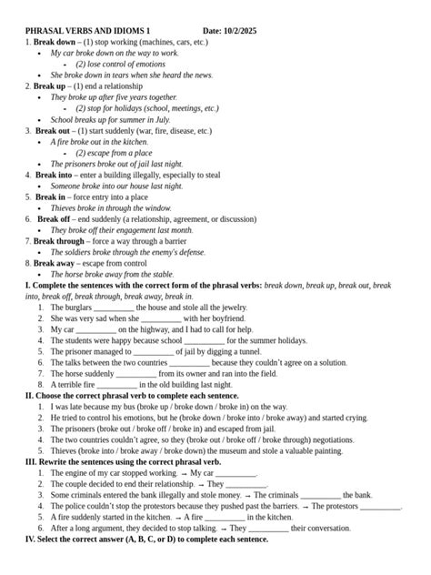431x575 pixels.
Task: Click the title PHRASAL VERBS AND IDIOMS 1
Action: pyautogui.click(x=87, y=30)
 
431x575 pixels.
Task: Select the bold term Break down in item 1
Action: pyautogui.click(x=55, y=42)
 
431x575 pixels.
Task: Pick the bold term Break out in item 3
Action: pyautogui.click(x=53, y=131)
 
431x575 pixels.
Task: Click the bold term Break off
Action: pyautogui.click(x=54, y=219)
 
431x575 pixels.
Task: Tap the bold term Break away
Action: pyautogui.click(x=56, y=263)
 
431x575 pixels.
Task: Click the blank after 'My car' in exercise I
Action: pyautogui.click(x=98, y=329)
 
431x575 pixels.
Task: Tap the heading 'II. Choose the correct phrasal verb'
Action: pyautogui.click(x=132, y=396)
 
